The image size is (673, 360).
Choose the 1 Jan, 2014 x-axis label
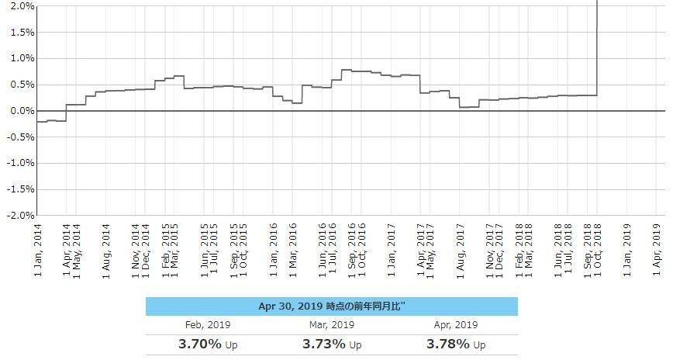(40, 250)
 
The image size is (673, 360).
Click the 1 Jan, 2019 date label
(628, 250)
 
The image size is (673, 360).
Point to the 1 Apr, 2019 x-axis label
(657, 250)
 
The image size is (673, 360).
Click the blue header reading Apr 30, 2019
(331, 306)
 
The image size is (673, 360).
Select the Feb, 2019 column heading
(208, 325)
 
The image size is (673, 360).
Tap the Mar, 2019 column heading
(331, 325)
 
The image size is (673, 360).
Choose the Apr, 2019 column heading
(454, 325)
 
